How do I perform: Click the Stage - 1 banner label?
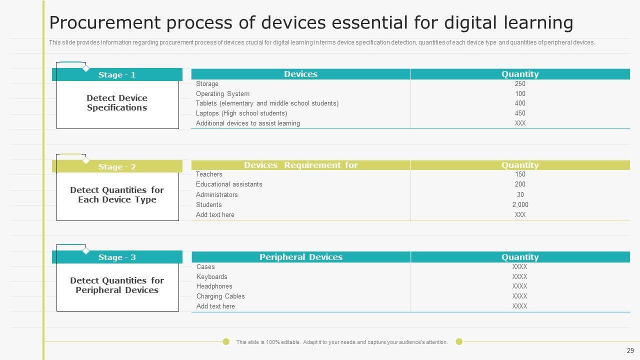click(117, 75)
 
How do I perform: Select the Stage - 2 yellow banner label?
click(117, 167)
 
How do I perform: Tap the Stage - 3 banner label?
click(117, 257)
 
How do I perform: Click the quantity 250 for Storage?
click(520, 83)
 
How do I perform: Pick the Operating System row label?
click(222, 93)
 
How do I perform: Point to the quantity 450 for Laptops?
click(520, 113)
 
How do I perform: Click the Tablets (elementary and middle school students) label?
click(267, 103)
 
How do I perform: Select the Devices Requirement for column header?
click(301, 165)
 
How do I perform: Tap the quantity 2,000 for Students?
click(520, 204)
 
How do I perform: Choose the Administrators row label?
click(216, 194)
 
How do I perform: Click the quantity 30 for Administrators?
click(520, 194)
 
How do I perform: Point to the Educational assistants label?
click(229, 184)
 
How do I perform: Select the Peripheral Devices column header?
click(301, 257)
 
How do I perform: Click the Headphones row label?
click(214, 286)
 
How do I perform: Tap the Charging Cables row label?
click(220, 296)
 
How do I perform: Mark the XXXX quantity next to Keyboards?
click(519, 276)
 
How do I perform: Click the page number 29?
click(630, 350)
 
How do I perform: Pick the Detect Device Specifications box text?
click(117, 103)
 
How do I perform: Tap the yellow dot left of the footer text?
click(226, 341)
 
